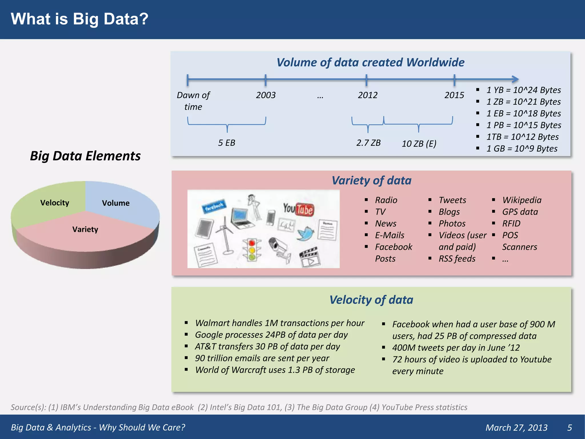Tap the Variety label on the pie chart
click(85, 229)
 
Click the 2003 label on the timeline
click(266, 95)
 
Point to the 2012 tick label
click(368, 95)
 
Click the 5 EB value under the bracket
click(227, 143)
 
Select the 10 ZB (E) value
click(419, 143)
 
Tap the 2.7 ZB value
click(368, 143)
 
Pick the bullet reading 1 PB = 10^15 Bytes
click(524, 125)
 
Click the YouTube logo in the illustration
click(298, 209)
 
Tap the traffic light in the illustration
click(252, 250)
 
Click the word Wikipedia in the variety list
click(522, 200)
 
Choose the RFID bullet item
click(511, 224)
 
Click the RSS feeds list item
click(457, 259)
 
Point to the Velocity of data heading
click(371, 300)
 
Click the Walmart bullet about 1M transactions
click(279, 323)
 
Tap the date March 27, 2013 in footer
click(516, 427)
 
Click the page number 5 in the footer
click(569, 427)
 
